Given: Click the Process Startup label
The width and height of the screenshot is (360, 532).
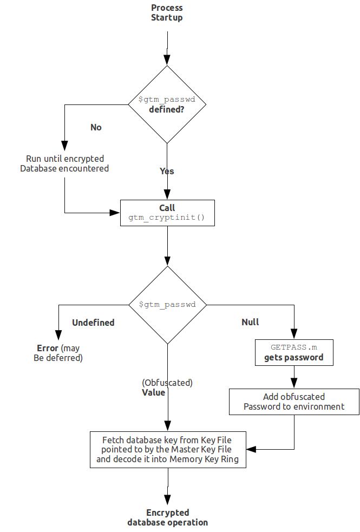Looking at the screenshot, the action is click(167, 12).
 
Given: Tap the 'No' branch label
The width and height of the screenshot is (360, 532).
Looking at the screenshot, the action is click(96, 127).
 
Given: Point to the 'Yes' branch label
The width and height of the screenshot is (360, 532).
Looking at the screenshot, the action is click(167, 172).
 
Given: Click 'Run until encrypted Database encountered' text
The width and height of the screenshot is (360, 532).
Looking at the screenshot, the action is click(64, 163).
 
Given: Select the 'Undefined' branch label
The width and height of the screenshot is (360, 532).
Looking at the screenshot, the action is click(93, 323).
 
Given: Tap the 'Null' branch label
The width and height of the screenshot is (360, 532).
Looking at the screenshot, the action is click(250, 322).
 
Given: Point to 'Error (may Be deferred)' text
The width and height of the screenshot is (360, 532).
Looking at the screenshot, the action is click(58, 353).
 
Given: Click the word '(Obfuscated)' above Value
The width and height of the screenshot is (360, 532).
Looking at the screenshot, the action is click(167, 383).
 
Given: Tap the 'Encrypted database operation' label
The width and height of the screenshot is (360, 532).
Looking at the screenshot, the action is click(168, 517).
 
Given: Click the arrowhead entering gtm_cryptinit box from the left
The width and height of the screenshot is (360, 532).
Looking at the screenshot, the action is click(115, 213).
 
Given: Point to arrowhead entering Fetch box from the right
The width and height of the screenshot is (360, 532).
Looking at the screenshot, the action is click(251, 449).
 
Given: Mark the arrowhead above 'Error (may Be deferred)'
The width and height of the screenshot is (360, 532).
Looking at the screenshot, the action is click(58, 334).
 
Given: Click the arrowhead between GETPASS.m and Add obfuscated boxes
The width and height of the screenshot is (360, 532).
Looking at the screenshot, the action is click(294, 383).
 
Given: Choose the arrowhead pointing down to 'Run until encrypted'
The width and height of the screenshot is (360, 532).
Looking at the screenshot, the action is click(64, 146).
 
